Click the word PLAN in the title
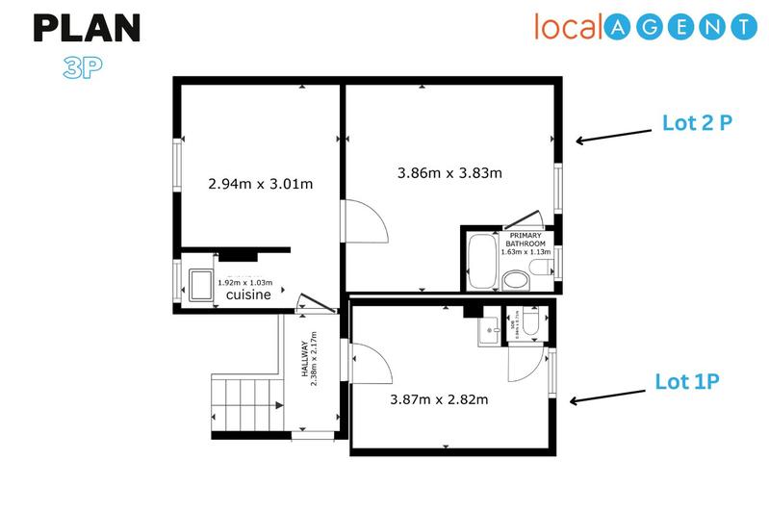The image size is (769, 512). pos(87,29)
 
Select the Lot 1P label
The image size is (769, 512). pos(687,381)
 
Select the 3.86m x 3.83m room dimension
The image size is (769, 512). pos(450,173)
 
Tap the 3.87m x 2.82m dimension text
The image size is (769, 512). pos(438,398)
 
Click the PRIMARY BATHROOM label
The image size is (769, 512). pos(525,240)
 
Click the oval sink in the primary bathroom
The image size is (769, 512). pos(516,280)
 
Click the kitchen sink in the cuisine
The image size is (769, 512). pos(202,283)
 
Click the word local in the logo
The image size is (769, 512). pos(569,27)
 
